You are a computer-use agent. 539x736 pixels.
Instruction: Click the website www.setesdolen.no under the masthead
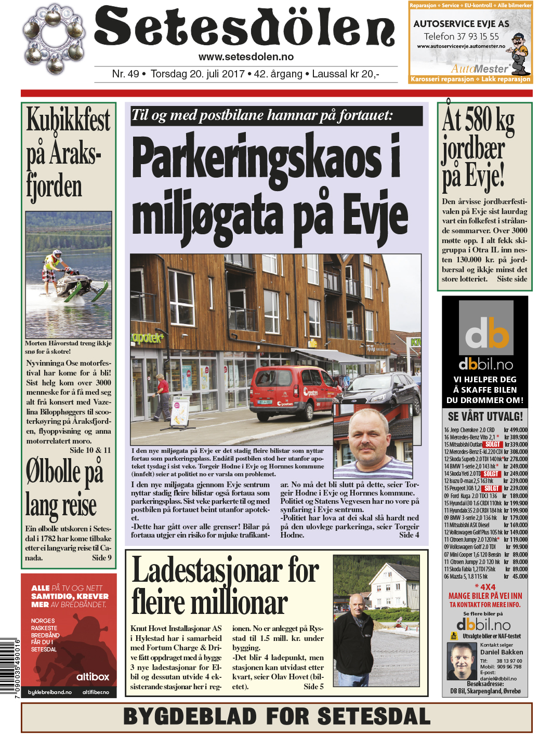(246, 57)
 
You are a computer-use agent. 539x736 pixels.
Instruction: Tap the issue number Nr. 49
(125, 74)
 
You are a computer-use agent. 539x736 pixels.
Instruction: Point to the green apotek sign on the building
(147, 338)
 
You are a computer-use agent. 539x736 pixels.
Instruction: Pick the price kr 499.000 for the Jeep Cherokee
(515, 430)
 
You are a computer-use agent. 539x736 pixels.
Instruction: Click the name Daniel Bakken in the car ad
(502, 652)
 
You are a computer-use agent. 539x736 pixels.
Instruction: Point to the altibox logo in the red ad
(93, 677)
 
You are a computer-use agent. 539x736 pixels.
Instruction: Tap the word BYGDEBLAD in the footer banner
(191, 717)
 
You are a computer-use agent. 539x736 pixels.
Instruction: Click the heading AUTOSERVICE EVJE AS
(461, 24)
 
